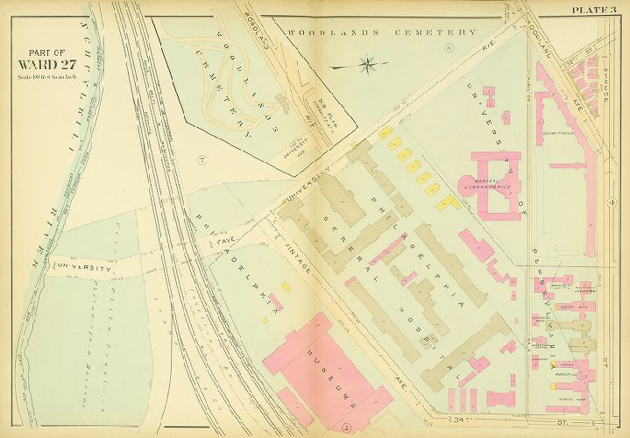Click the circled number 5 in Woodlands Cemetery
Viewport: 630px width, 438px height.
pyautogui.click(x=448, y=46)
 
